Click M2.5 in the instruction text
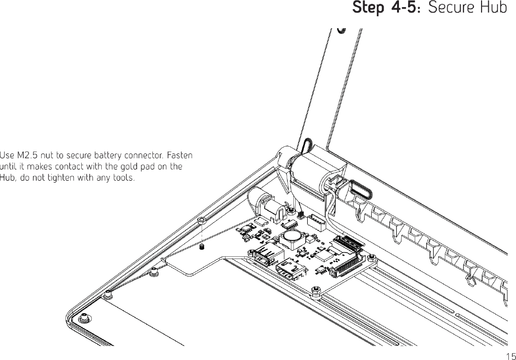pos(27,156)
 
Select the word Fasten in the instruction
pos(180,156)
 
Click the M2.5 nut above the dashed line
pos(202,220)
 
